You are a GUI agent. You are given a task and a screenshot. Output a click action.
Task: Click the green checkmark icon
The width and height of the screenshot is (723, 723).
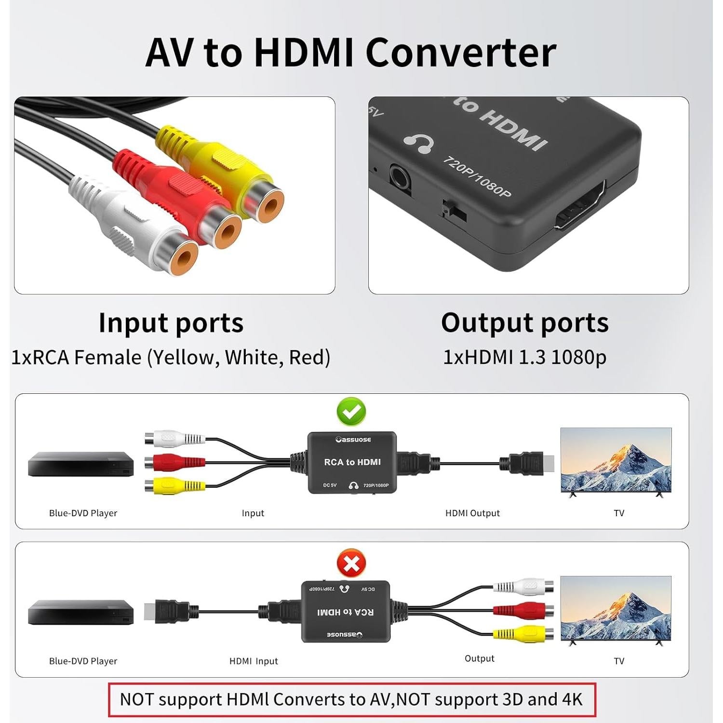coord(351,411)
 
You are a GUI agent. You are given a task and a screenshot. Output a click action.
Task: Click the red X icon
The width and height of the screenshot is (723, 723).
coord(351,563)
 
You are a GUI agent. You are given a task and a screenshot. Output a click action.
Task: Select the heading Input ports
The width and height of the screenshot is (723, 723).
coord(171,323)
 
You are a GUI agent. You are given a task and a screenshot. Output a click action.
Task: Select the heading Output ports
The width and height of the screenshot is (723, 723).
coord(525,323)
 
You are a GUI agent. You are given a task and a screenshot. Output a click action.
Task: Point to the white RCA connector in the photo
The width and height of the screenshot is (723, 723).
coord(140,227)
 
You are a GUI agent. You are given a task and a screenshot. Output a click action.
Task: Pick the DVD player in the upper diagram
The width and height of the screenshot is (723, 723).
coord(81,464)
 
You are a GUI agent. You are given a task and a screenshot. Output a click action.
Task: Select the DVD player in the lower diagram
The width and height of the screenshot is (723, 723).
coord(81,613)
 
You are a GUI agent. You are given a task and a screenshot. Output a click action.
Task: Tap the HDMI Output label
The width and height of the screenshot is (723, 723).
coord(472,513)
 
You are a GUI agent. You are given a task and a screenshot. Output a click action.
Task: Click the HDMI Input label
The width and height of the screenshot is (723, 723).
coord(254,661)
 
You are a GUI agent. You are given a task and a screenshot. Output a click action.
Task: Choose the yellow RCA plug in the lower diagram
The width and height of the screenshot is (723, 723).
coord(523,632)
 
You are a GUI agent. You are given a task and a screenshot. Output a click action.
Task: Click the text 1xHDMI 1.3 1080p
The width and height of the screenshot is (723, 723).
coord(524,357)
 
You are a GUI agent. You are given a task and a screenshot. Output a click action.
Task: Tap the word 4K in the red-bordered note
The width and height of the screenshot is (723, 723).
coord(572,699)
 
